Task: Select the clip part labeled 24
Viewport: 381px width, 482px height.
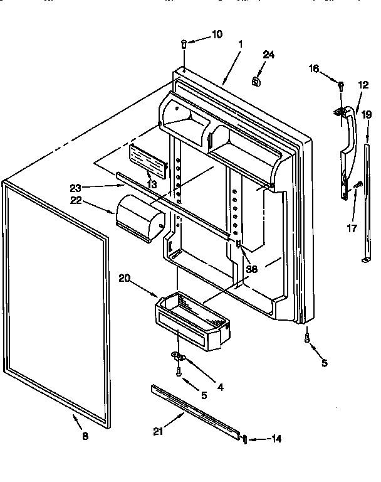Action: (256, 80)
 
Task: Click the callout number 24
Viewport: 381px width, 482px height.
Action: (268, 55)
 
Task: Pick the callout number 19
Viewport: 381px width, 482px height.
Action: (366, 115)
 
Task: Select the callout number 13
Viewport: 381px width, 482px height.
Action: (151, 184)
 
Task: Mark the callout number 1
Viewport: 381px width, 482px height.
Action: (241, 45)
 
